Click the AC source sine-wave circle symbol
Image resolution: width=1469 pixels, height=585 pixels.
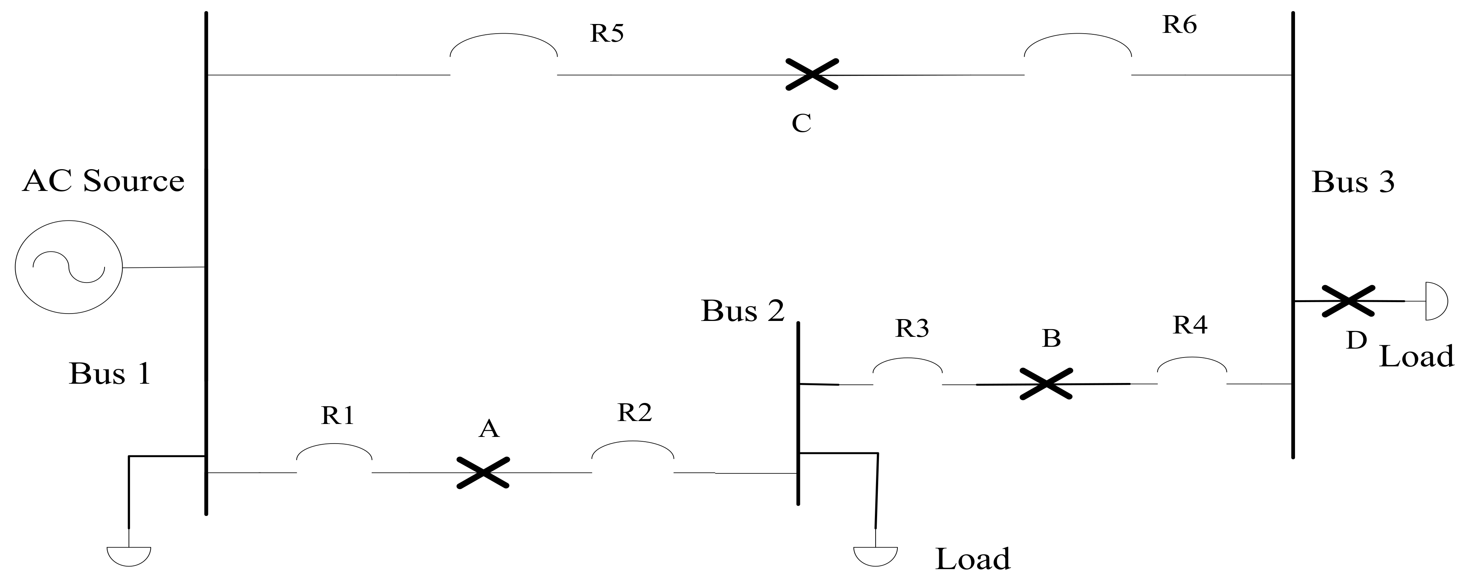(68, 267)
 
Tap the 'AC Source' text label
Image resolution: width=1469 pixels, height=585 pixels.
(103, 181)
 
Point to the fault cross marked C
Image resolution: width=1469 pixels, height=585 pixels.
(812, 75)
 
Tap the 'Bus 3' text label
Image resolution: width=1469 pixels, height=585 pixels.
(1353, 182)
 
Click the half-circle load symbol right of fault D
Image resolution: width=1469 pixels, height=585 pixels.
(1435, 301)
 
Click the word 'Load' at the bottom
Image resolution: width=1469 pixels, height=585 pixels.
(972, 560)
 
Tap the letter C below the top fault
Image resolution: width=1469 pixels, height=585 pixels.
(801, 123)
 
